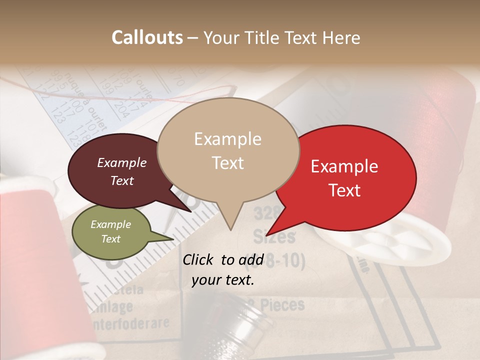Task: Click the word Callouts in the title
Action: click(147, 37)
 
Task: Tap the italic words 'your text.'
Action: click(223, 280)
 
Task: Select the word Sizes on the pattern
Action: click(273, 235)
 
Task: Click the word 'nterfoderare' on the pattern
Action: click(130, 323)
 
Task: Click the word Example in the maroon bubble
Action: click(121, 163)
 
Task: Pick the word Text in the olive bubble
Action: click(111, 239)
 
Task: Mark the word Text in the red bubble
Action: click(345, 190)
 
